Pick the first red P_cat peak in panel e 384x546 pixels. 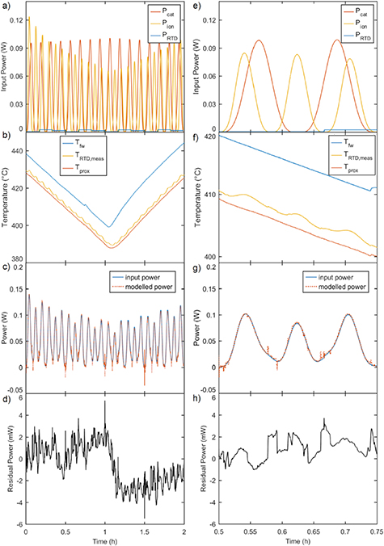pyautogui.click(x=259, y=40)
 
